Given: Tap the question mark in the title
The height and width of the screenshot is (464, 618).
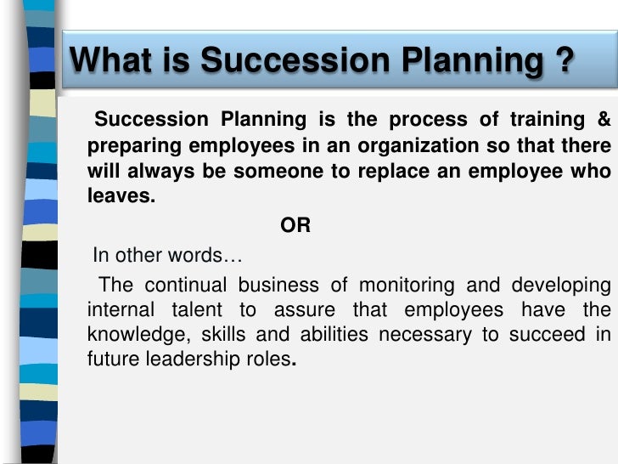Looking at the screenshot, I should pyautogui.click(x=560, y=60).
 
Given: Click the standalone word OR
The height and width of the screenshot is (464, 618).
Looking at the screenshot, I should pyautogui.click(x=295, y=226).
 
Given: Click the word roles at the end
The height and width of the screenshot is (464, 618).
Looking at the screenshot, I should pyautogui.click(x=271, y=359).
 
